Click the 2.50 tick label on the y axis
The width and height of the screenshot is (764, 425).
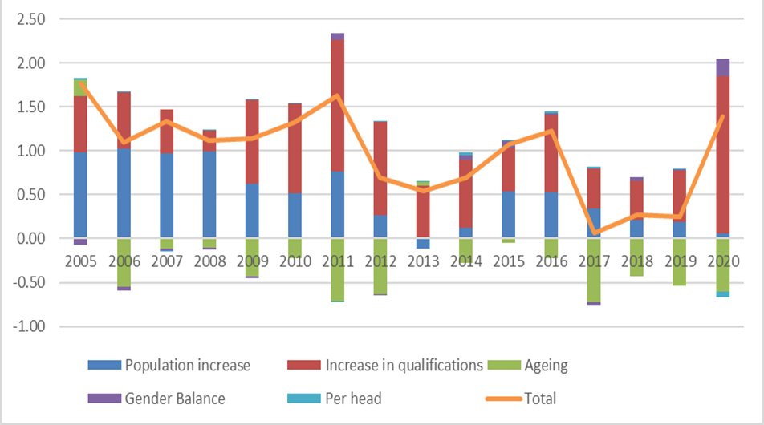(30, 19)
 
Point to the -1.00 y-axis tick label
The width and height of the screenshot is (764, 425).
(29, 326)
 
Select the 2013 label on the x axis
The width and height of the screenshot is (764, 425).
(424, 261)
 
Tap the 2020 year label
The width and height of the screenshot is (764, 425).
(724, 261)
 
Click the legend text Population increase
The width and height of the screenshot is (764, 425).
(188, 365)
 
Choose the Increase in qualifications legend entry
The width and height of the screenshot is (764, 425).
(404, 365)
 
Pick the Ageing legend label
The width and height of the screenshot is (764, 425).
(547, 366)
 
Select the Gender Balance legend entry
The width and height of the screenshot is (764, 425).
(175, 399)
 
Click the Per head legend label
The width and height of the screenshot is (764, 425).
(353, 399)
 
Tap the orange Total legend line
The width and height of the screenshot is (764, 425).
(504, 399)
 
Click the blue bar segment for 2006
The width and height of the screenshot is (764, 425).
(124, 193)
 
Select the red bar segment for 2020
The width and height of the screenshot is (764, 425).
(723, 154)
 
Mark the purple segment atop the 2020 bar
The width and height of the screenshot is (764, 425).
(723, 67)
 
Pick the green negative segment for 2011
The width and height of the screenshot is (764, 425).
(337, 269)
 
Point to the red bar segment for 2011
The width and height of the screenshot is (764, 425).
(337, 105)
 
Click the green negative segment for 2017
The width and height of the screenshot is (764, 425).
(594, 270)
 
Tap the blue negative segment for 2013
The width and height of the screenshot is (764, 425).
(424, 244)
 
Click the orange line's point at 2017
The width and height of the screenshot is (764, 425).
(595, 233)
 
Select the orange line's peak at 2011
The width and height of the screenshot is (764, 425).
(337, 95)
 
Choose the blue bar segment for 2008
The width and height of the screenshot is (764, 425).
(209, 195)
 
